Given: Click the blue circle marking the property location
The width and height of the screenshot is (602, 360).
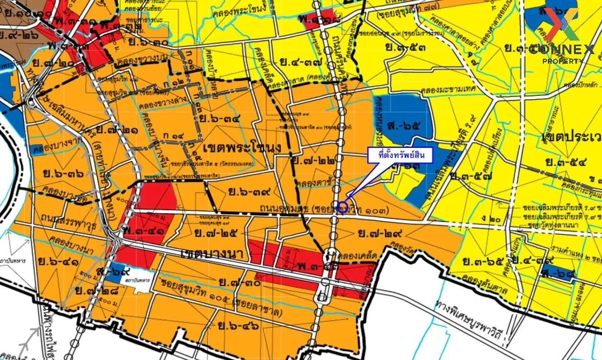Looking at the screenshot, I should pyautogui.click(x=343, y=207).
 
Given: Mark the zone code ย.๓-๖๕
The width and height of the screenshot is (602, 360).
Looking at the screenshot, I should pyautogui.click(x=483, y=261).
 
